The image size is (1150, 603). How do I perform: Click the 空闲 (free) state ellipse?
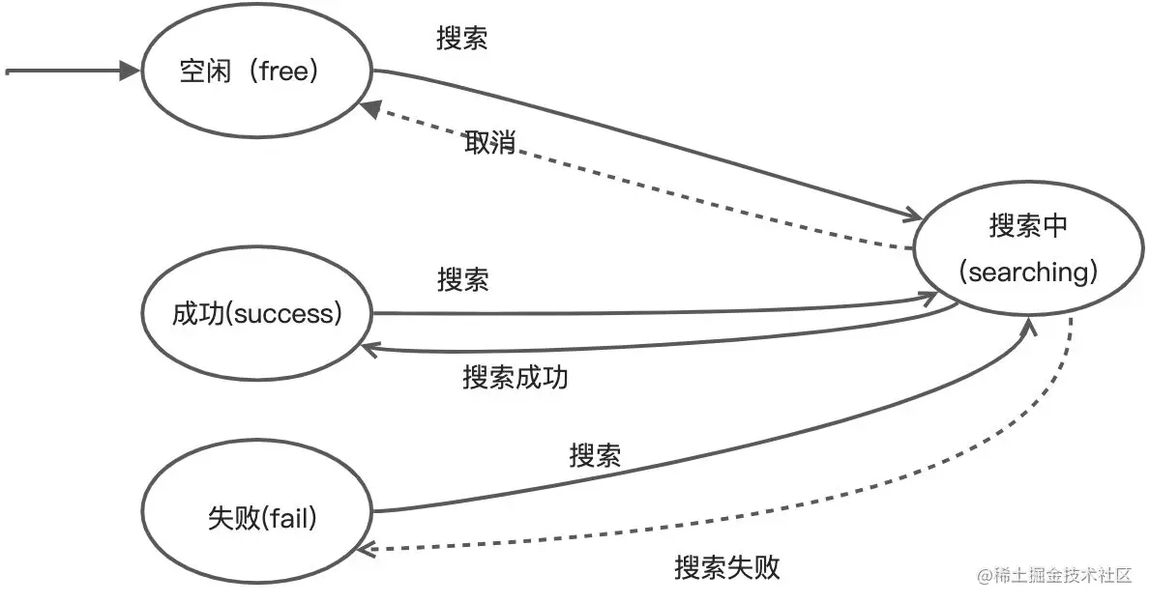pyautogui.click(x=257, y=72)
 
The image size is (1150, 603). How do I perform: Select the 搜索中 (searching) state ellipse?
pyautogui.click(x=1026, y=250)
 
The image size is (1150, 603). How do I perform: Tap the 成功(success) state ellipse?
pyautogui.click(x=257, y=314)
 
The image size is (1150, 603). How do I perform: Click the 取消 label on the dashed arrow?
pyautogui.click(x=489, y=144)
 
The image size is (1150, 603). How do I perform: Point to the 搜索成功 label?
pyautogui.click(x=515, y=377)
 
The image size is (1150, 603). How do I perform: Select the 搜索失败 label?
pyautogui.click(x=726, y=567)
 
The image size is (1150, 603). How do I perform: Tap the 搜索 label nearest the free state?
pyautogui.click(x=462, y=39)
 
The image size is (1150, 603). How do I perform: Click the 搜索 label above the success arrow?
pyautogui.click(x=462, y=280)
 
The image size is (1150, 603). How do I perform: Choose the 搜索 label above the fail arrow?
pyautogui.click(x=595, y=455)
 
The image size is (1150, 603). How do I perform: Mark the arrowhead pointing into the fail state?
pyautogui.click(x=364, y=548)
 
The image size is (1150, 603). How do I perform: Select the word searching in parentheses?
pyautogui.click(x=1028, y=273)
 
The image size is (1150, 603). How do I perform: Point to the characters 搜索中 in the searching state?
pyautogui.click(x=1028, y=226)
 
